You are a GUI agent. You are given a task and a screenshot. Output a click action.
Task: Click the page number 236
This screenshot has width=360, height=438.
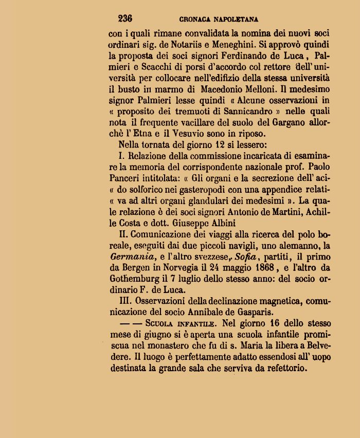coord(125,19)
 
